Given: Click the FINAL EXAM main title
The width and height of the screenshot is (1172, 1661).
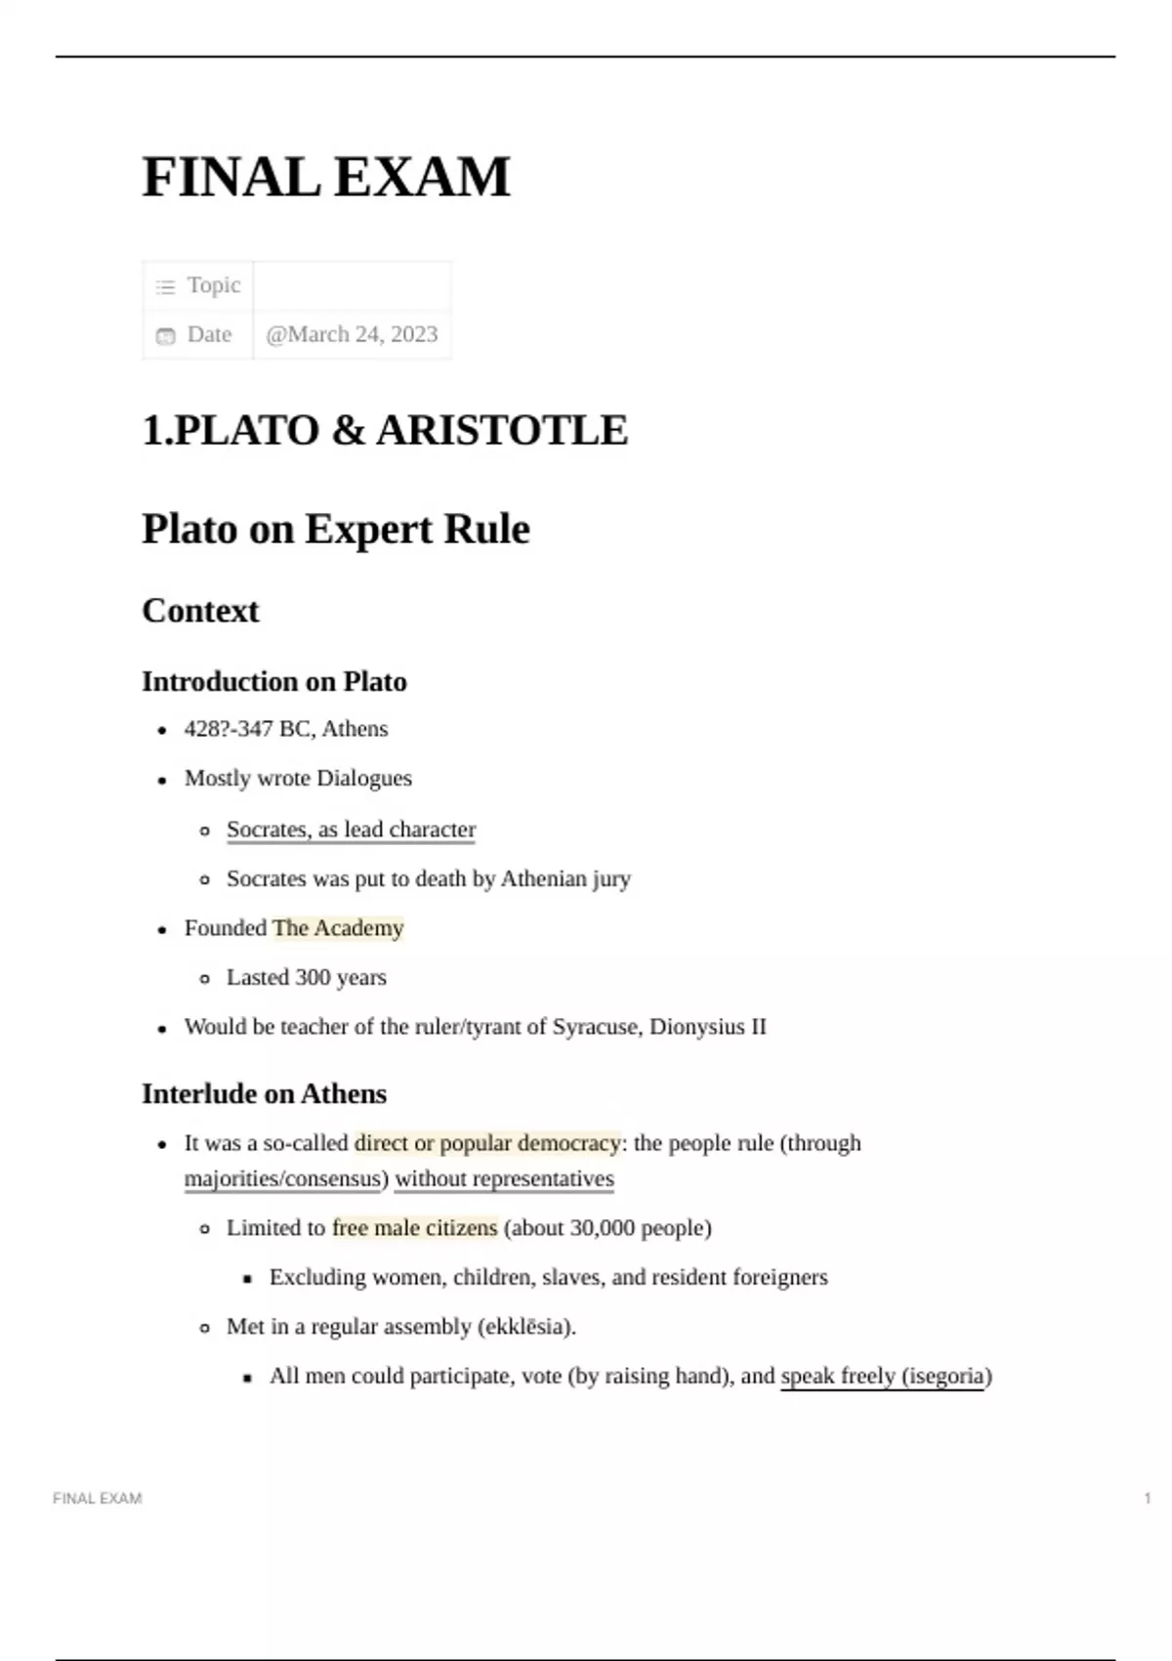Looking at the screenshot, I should pos(326,178).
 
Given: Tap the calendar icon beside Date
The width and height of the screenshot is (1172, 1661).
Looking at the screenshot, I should pos(166,335).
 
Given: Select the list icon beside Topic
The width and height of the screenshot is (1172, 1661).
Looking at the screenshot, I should pos(166,286).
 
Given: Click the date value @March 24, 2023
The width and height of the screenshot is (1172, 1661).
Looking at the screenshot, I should pos(352,334).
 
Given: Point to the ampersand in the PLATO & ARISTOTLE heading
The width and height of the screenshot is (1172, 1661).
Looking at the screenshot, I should pos(348,431).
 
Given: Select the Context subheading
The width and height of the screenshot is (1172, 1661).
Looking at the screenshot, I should pos(200,611).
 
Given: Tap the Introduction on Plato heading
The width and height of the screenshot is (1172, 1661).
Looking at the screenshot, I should pos(273,681).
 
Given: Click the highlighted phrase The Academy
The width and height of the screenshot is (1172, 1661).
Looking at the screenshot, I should pos(338,928).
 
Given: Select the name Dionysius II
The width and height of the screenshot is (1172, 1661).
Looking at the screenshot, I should pos(708,1027).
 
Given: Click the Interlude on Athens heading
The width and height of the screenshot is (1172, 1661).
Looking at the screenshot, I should pos(264,1093).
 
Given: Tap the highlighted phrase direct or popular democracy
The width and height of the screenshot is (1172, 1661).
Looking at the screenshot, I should pos(487,1143).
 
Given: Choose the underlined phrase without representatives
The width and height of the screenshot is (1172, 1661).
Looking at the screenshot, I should pos(504,1179).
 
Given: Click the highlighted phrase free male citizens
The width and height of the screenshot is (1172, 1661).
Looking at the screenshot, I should pos(415,1228).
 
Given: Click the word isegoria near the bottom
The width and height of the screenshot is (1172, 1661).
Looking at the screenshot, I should pos(945,1377).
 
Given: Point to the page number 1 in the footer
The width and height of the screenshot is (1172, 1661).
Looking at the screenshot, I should pos(1148,1498).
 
